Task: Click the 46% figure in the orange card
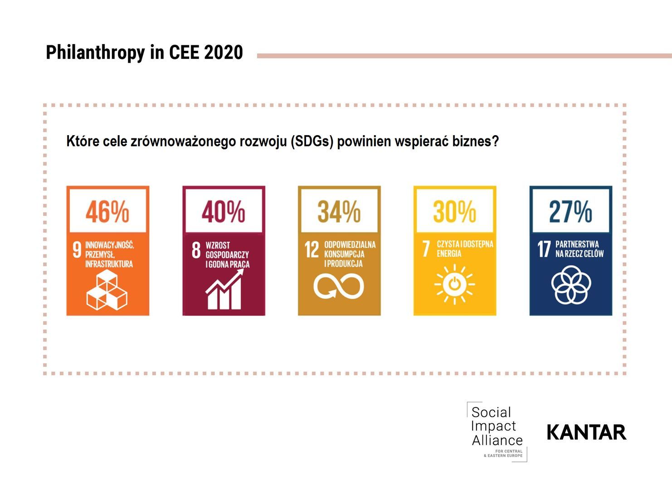coord(107,211)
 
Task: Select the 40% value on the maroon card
coord(223,211)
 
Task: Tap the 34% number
coord(339,211)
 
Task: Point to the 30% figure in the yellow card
coord(454,211)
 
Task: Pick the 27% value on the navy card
coord(570,211)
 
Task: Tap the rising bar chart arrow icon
coord(224,290)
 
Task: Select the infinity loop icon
coord(339,287)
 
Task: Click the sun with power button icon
coord(454,284)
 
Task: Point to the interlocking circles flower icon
coord(571,285)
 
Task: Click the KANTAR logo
coord(586,432)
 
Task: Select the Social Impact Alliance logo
coord(497,431)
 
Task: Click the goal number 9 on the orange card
coord(77,250)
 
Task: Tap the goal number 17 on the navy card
coord(544,249)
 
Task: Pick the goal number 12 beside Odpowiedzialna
coord(312,250)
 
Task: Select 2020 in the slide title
coord(224,53)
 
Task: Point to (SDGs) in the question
coord(312,142)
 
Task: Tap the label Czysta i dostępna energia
coord(465,249)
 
